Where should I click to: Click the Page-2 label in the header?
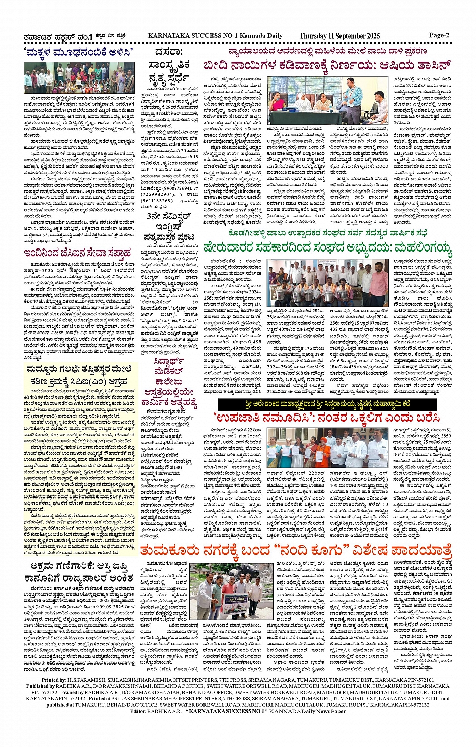439,35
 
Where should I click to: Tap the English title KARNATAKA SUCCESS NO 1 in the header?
215,36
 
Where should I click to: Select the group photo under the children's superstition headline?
79,77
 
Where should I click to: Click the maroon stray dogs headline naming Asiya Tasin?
326,66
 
